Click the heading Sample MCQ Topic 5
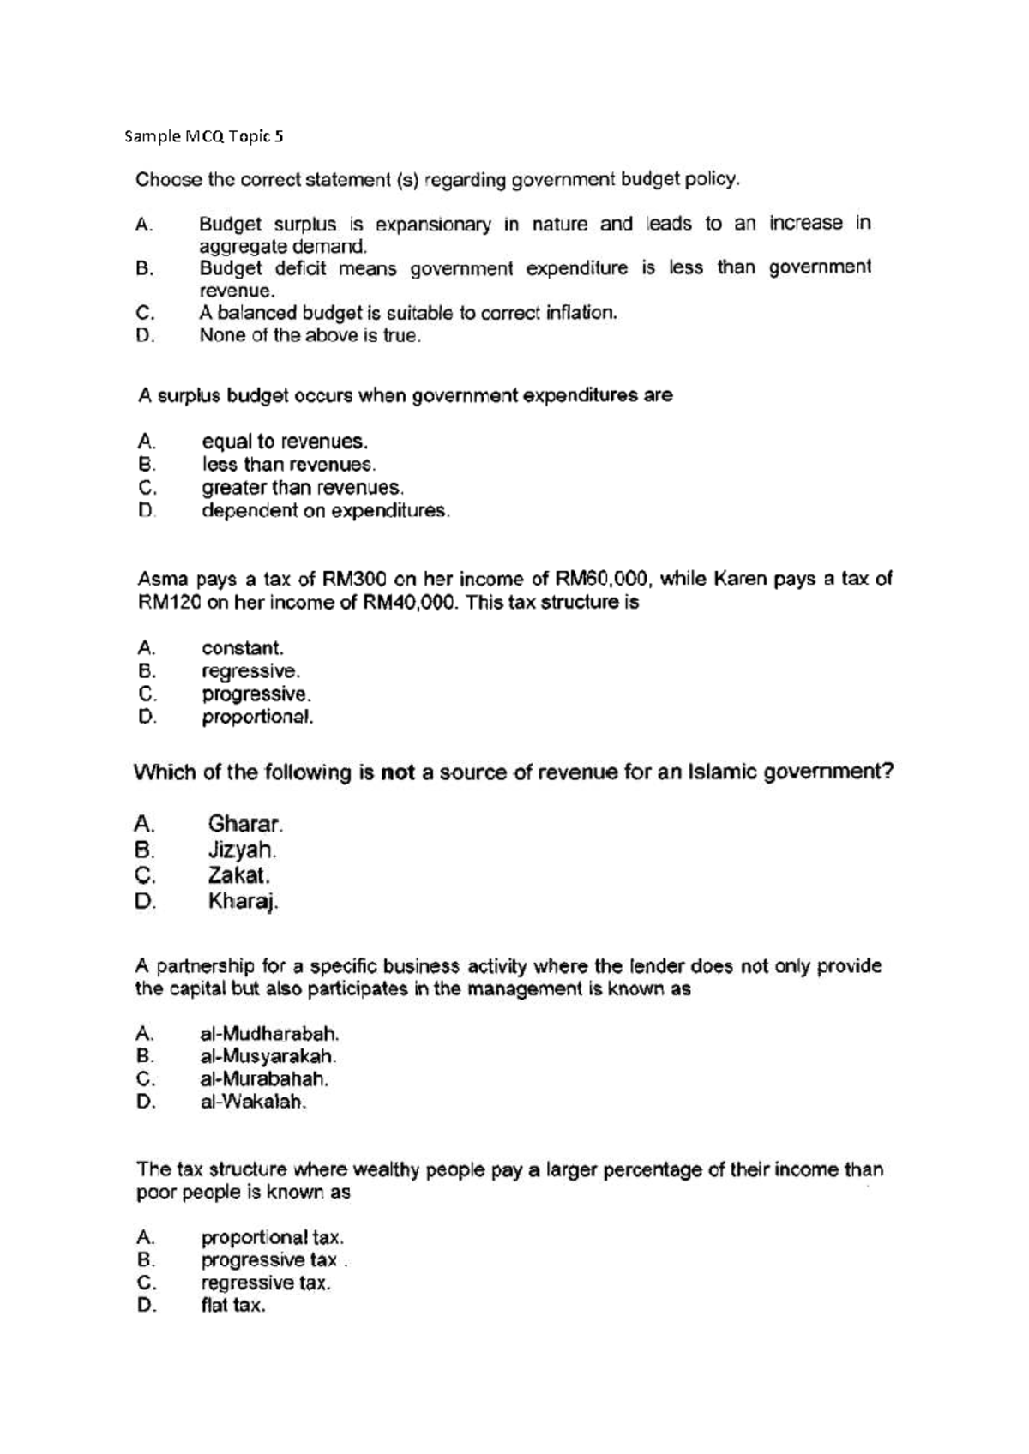(x=203, y=136)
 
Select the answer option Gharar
(x=245, y=825)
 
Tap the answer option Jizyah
(x=242, y=850)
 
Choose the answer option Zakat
(x=239, y=876)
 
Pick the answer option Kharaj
(x=244, y=902)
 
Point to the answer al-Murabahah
(x=264, y=1079)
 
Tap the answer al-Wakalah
(x=253, y=1103)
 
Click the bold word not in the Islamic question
(x=397, y=772)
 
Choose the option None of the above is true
(x=310, y=336)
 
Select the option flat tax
(x=233, y=1307)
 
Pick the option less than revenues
(x=289, y=465)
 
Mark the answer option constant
(x=243, y=648)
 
